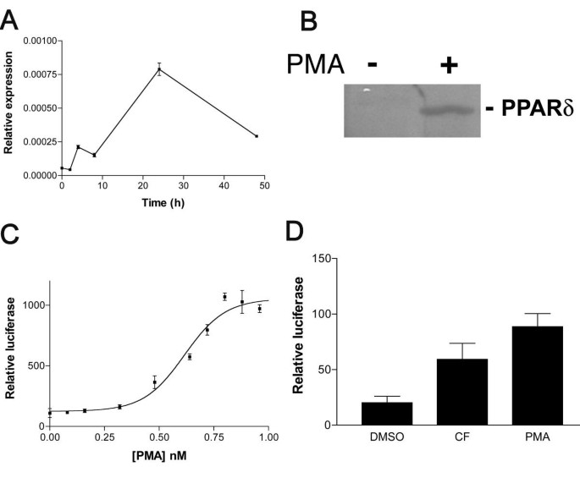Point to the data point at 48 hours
(256, 135)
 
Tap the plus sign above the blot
(449, 65)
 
